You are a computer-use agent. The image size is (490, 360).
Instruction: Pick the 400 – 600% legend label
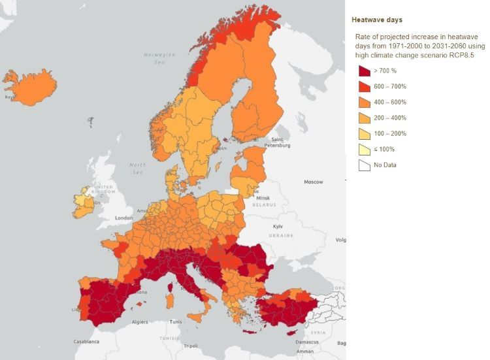[x=390, y=103]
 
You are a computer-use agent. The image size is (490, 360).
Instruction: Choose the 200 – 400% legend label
[x=390, y=118]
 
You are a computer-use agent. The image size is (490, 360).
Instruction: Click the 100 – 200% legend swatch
[x=363, y=134]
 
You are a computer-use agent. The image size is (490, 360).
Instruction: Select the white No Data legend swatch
[x=363, y=165]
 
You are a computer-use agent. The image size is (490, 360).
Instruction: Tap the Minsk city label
[x=263, y=198]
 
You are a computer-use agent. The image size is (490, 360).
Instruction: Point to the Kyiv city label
[x=278, y=226]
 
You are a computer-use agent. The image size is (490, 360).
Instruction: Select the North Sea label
[x=138, y=168]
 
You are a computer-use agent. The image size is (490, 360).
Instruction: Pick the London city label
[x=124, y=218]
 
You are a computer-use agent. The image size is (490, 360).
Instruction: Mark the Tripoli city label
[x=191, y=346]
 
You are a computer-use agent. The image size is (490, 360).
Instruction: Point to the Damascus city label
[x=306, y=342]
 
